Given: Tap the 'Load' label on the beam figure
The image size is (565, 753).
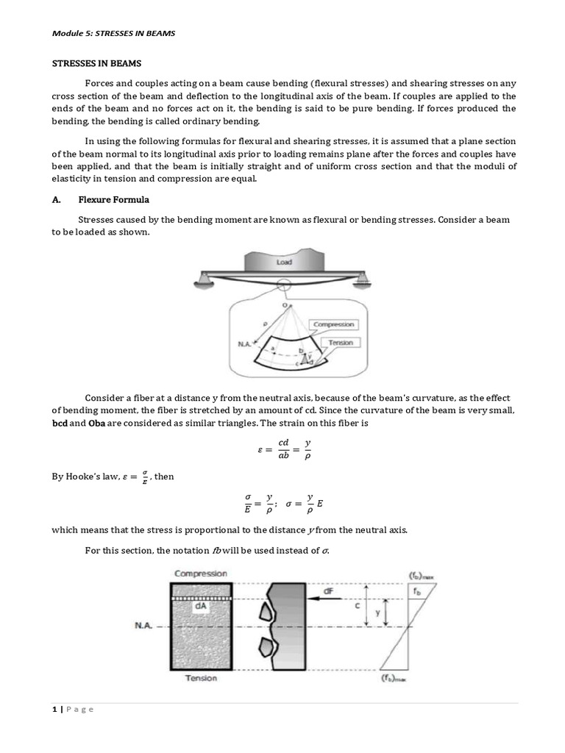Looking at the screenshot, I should pos(283,261).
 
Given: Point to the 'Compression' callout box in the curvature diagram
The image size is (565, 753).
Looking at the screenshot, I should pos(333,324).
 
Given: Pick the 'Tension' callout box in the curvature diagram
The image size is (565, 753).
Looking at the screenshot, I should pos(341,343).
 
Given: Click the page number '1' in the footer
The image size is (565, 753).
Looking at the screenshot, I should pos(54,709).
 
